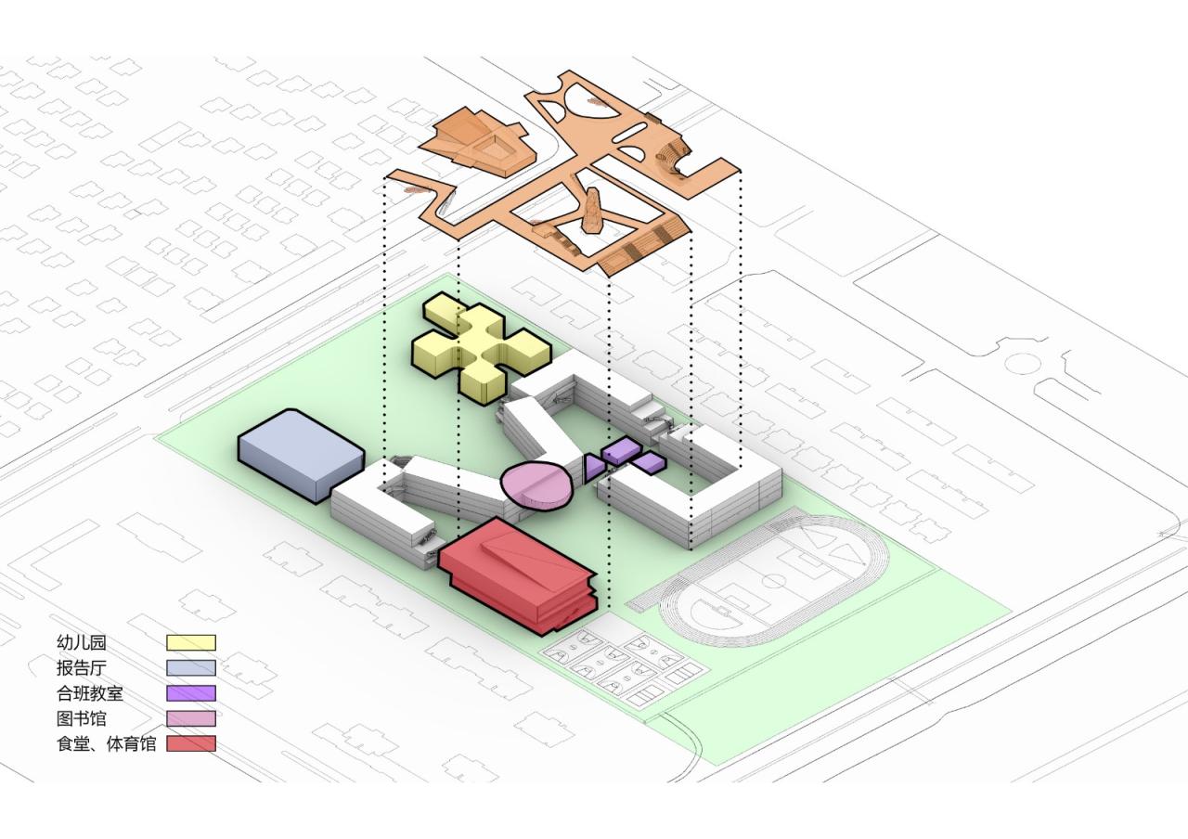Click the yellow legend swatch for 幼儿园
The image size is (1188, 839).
(x=191, y=642)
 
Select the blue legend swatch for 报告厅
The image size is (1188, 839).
(x=191, y=667)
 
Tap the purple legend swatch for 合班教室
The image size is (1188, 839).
(x=191, y=692)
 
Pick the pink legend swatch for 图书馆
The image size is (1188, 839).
(x=191, y=718)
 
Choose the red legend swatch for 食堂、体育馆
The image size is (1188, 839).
(x=191, y=743)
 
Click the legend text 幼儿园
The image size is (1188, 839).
(x=82, y=642)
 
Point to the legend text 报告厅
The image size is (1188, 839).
(x=82, y=667)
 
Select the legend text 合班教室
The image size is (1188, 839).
(x=90, y=692)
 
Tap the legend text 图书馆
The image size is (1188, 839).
(x=82, y=718)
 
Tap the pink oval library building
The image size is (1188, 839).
(x=536, y=484)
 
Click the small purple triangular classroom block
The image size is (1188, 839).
(x=592, y=467)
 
